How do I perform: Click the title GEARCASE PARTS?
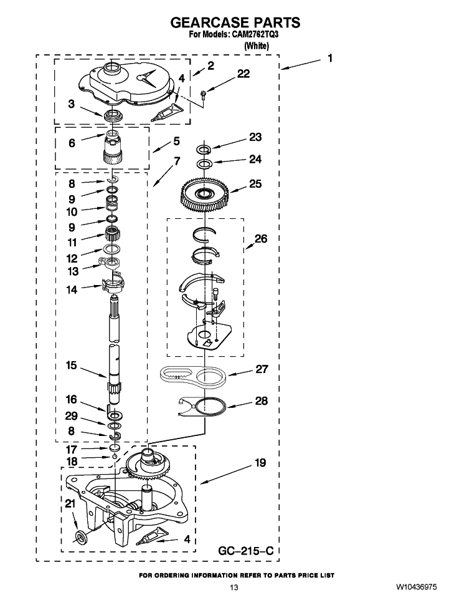pos(235,22)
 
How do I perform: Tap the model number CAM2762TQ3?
pos(255,34)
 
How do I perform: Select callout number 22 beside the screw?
pos(243,74)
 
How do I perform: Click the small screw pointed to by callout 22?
pos(204,92)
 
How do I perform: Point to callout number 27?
pos(262,369)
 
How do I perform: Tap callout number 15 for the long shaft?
pos(72,365)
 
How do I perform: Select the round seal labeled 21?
pos(81,537)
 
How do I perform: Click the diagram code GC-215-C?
pos(246,550)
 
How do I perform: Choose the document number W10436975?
pos(415,588)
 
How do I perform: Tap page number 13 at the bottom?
pos(234,588)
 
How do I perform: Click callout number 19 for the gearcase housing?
pos(260,462)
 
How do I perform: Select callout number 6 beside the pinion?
pos(72,143)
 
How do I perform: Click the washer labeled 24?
pos(204,164)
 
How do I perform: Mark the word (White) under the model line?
pos(257,46)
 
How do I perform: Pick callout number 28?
pos(262,401)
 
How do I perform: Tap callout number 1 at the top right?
pos(330,58)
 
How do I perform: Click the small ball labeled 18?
pos(115,457)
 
